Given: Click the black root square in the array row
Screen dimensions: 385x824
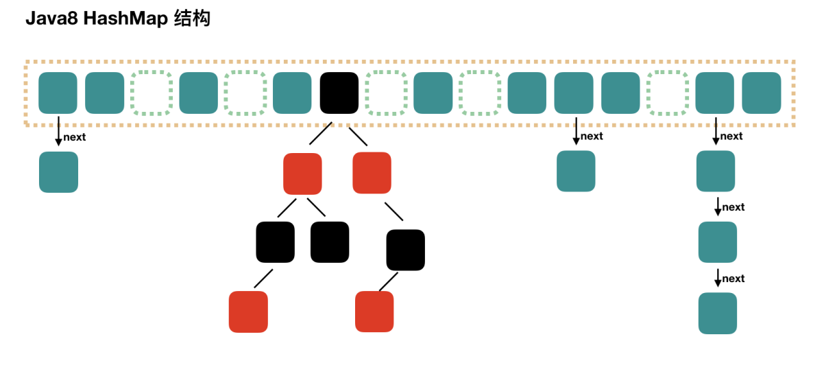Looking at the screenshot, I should (339, 93).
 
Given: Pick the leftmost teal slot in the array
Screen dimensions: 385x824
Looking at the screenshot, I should (58, 93).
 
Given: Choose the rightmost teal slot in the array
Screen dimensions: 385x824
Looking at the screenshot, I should (762, 93).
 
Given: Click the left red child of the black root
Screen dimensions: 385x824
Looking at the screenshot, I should (302, 174).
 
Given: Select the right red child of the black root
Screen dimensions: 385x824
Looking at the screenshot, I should (372, 173).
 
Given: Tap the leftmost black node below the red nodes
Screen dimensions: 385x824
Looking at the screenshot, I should (276, 242).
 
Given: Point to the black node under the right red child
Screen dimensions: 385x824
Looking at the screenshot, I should (406, 250).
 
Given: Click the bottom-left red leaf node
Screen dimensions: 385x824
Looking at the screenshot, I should (248, 312).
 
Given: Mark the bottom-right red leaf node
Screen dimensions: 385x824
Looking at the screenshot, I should (374, 312).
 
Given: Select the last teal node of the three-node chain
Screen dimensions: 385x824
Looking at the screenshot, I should (718, 313).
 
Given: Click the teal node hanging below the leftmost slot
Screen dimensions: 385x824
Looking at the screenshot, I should (58, 172).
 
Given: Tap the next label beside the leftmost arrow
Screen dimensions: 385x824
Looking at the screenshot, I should (75, 137).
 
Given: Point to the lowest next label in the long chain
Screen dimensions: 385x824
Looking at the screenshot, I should (734, 279).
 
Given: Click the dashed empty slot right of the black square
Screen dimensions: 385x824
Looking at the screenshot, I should (386, 93).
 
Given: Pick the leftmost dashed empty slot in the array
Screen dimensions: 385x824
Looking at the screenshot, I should (152, 93).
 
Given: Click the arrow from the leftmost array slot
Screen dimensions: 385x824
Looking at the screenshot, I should (58, 131).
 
